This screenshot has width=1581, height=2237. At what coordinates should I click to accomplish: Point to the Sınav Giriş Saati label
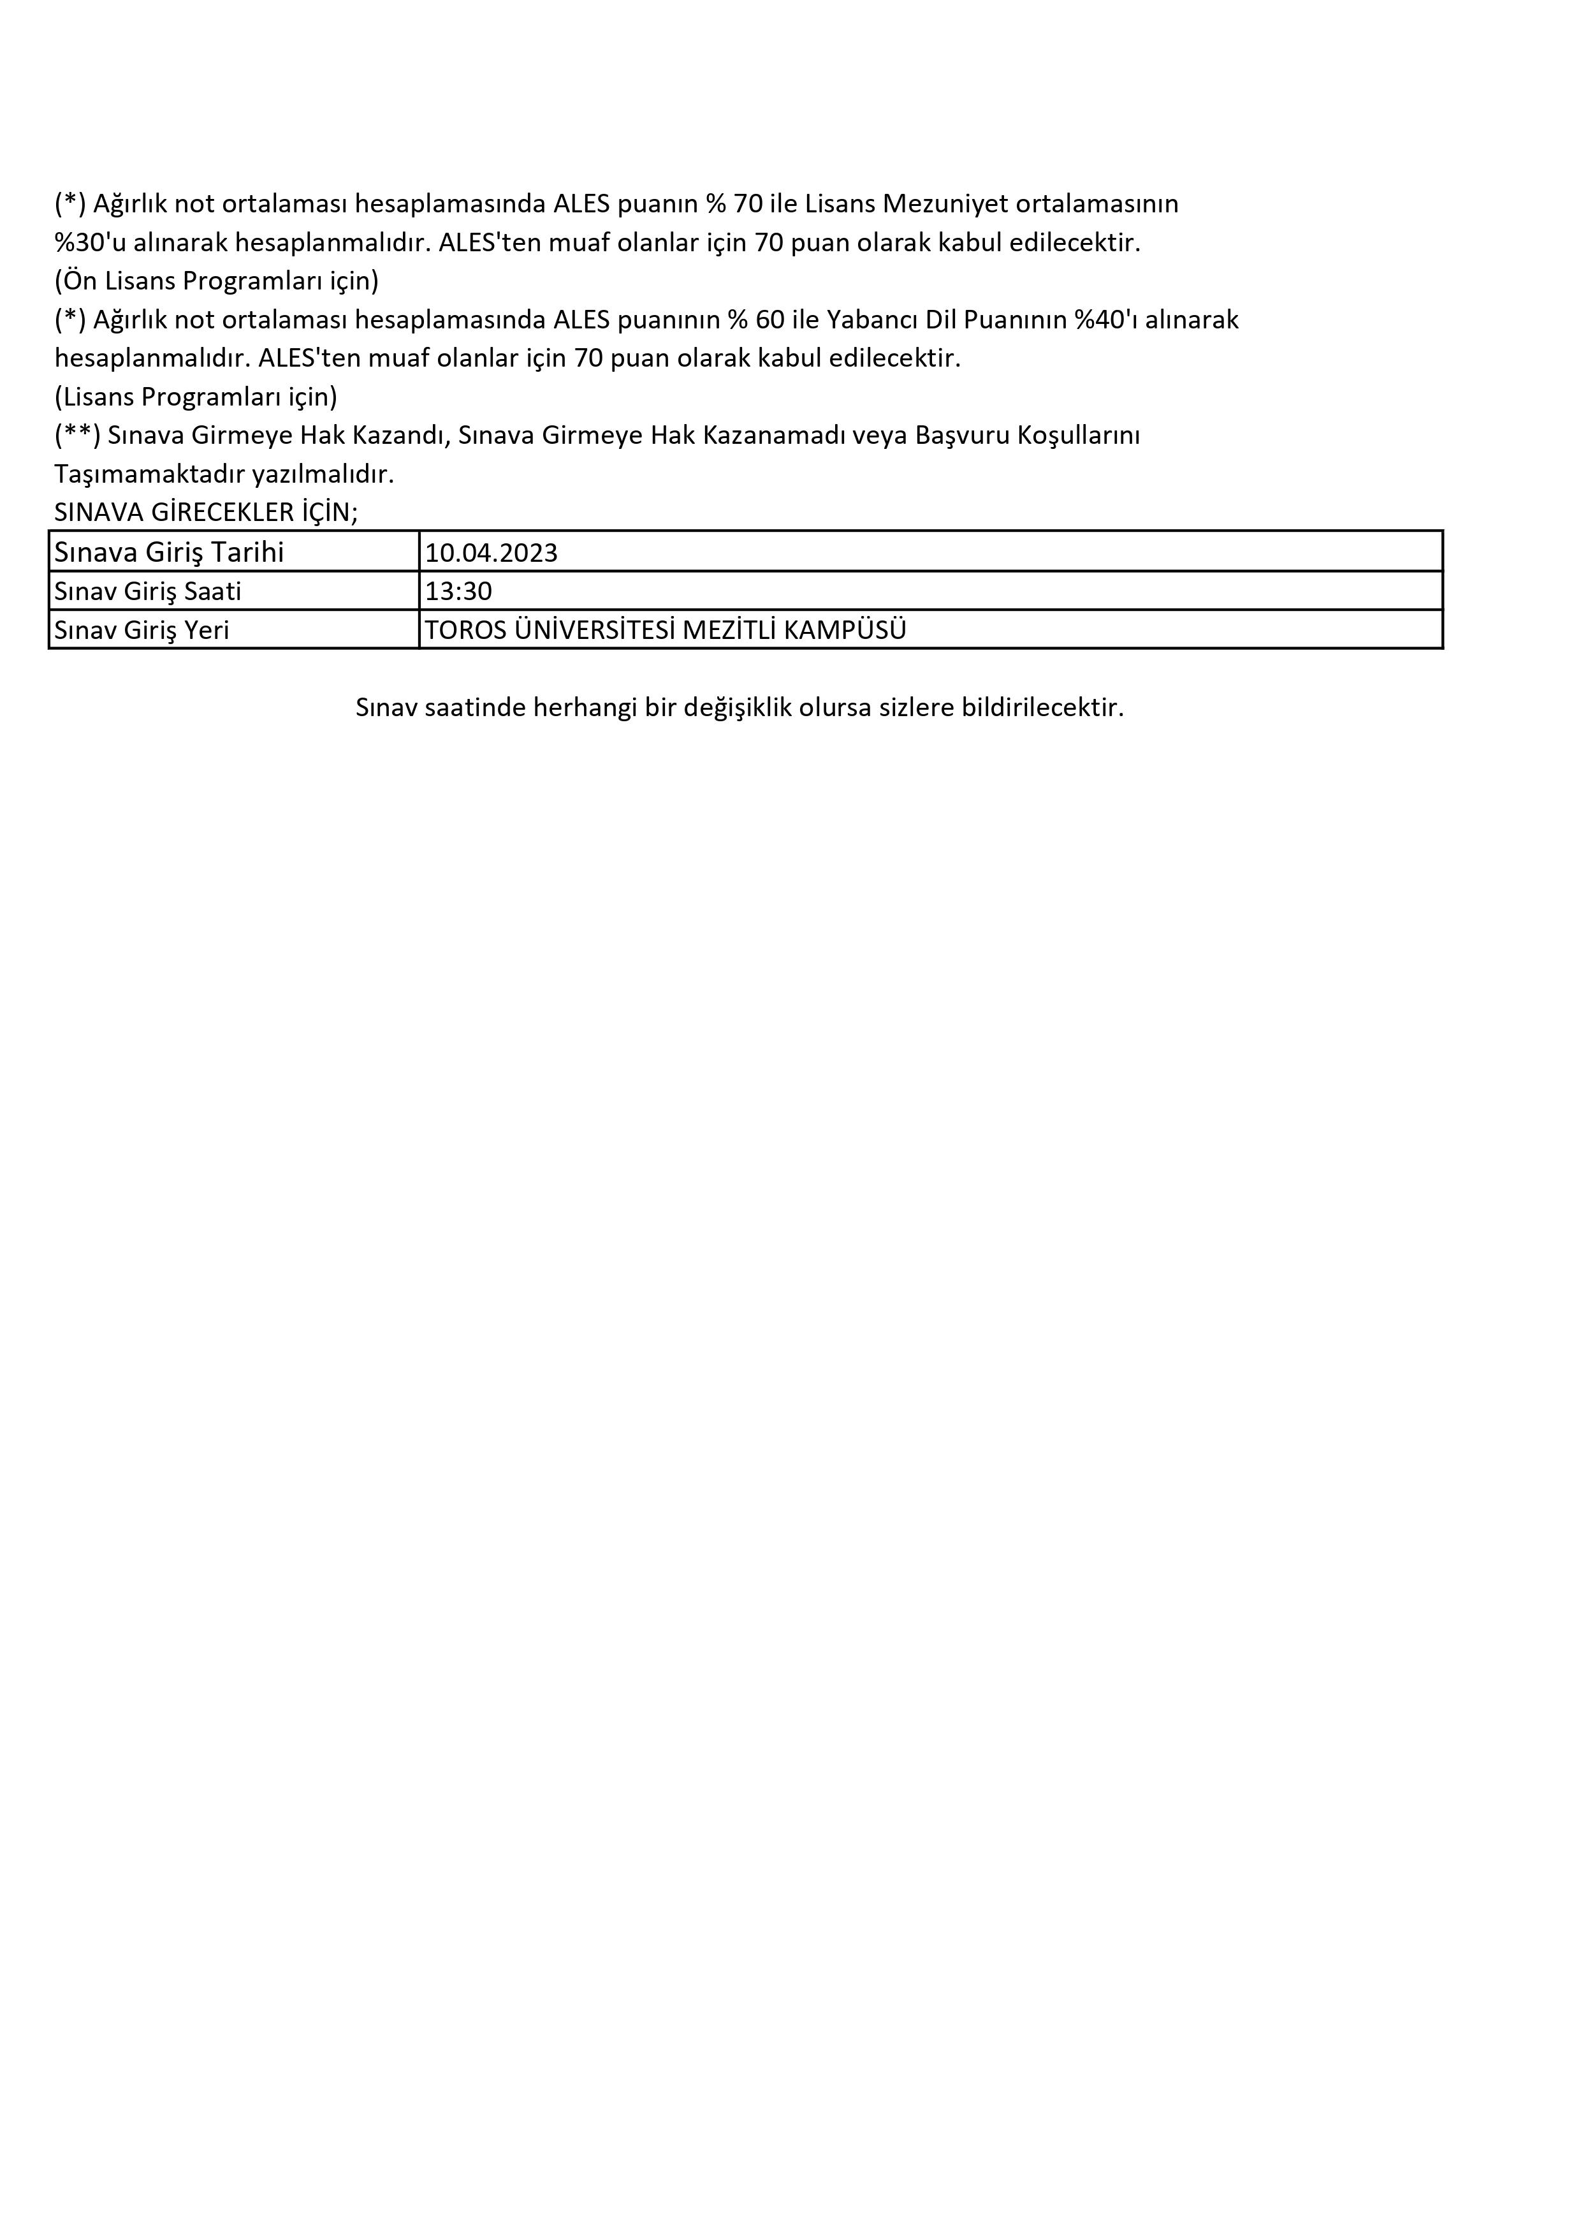148,591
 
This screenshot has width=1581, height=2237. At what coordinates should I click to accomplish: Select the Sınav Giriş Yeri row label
142,631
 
